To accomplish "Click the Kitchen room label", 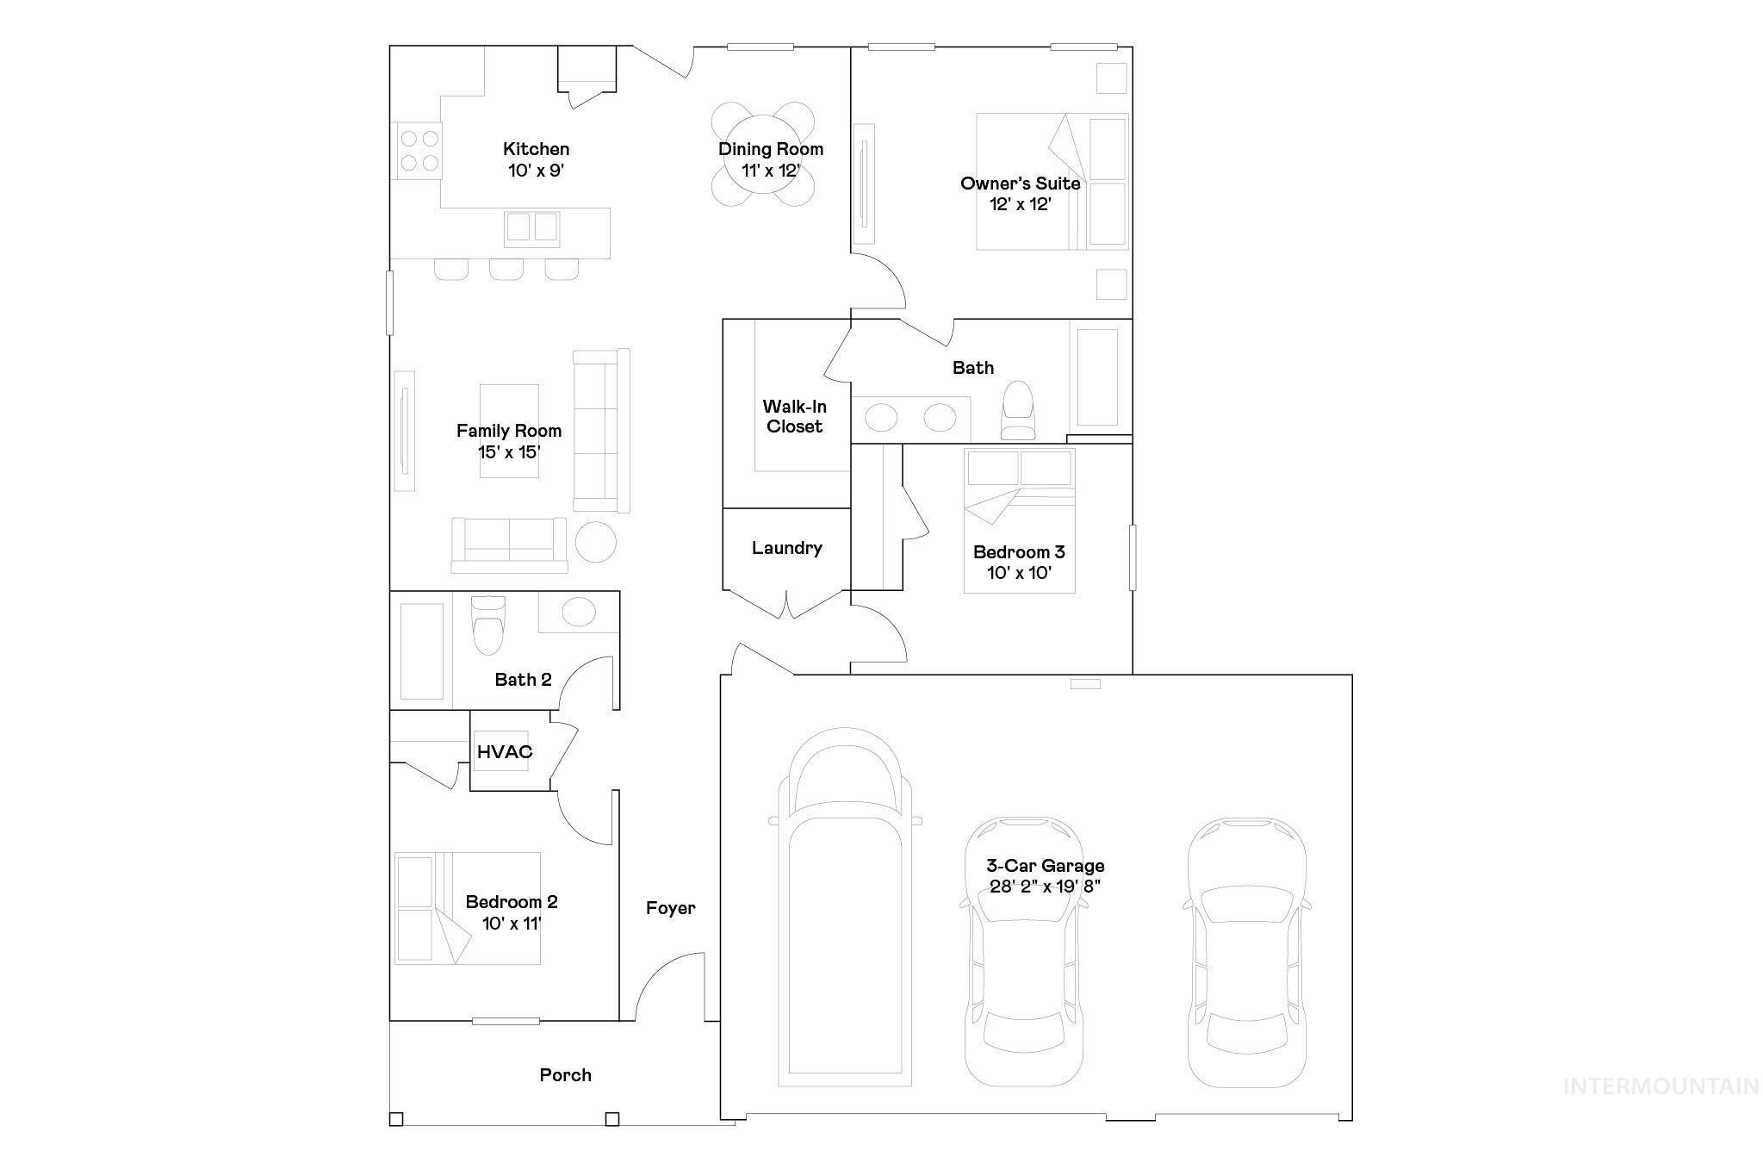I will coord(536,149).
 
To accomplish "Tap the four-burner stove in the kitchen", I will coord(419,151).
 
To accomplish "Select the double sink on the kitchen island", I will coord(531,227).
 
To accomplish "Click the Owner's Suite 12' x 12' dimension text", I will coord(1021,204).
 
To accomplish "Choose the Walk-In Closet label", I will coord(794,416).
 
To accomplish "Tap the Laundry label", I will coord(786,548).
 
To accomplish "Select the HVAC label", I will coord(505,751).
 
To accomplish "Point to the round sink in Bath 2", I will coord(579,613).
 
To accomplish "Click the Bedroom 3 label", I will coord(1019,552).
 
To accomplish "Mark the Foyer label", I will coord(670,908).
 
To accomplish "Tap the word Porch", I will coord(565,1075).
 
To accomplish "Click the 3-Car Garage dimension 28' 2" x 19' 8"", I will coord(1046,887).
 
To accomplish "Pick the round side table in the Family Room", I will coord(595,542).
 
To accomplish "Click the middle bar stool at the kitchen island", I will coord(506,268).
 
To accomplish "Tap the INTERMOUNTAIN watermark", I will coord(1661,1086).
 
